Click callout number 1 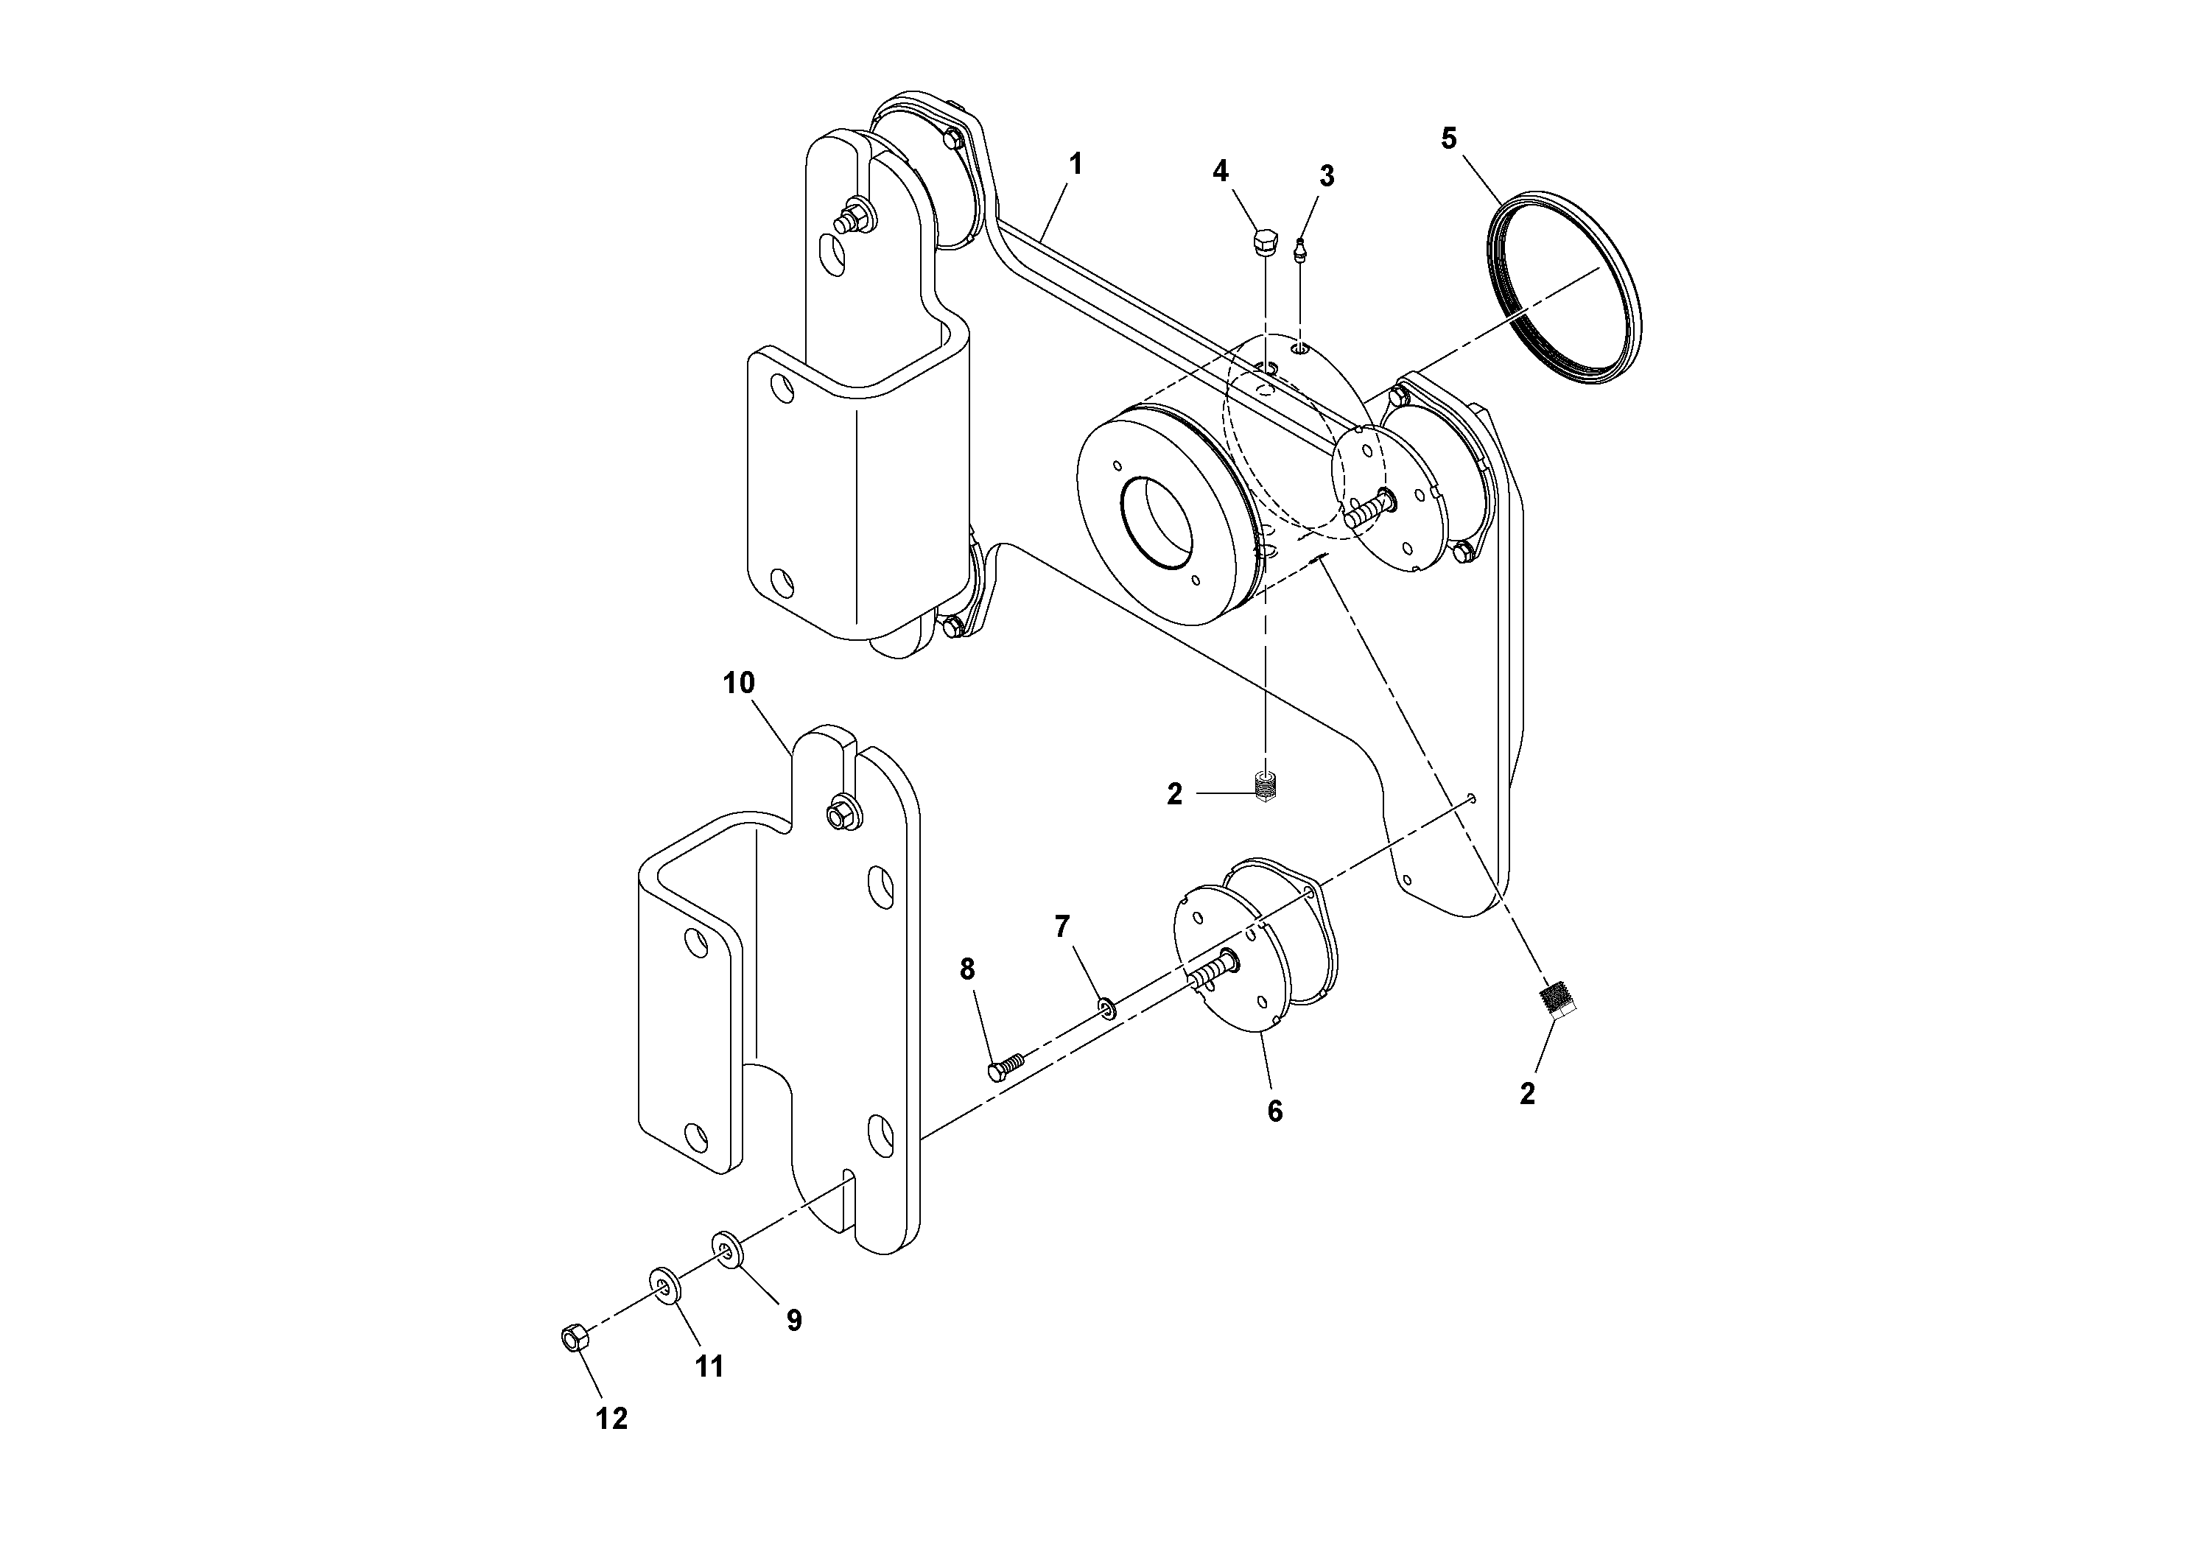pos(1076,164)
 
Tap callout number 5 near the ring pos(1449,138)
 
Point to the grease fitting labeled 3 pos(1301,251)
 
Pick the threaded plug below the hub pos(1266,789)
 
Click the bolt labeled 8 pos(1005,1067)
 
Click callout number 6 pos(1274,1111)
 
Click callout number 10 pos(738,683)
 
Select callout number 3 pos(1326,176)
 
